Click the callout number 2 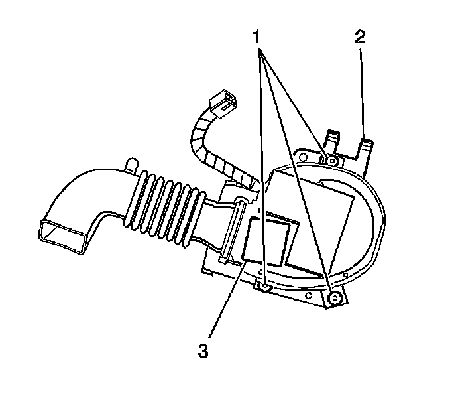(360, 36)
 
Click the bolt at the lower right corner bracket (335, 298)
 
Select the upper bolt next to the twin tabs (331, 160)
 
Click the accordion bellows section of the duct (166, 206)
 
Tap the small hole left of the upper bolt (304, 158)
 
